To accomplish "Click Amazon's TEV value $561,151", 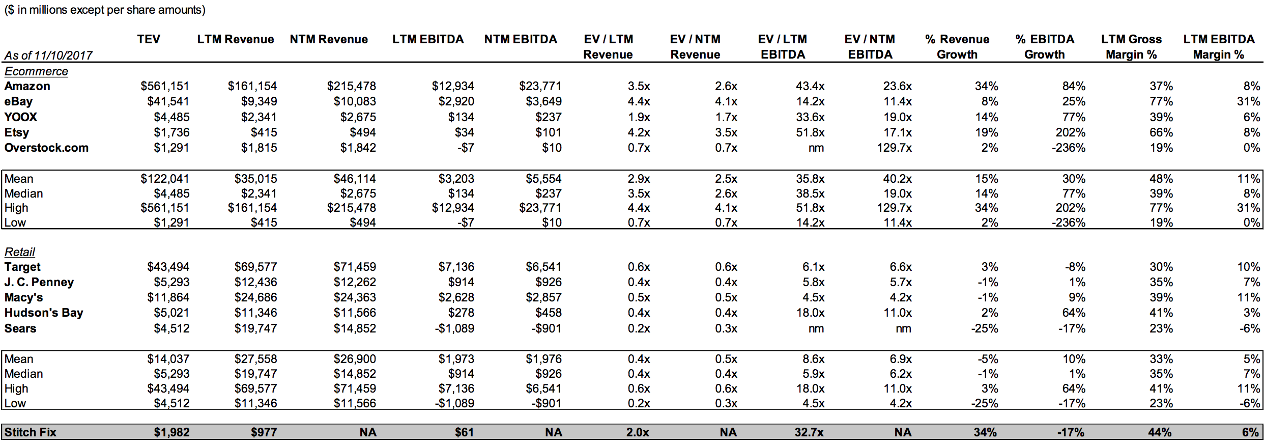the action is (x=165, y=86).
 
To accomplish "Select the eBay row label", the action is (x=18, y=101).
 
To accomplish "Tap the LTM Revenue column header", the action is (x=236, y=39).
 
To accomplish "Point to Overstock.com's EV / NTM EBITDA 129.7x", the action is (x=894, y=148).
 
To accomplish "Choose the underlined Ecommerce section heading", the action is (x=36, y=71).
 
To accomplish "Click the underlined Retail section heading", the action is (x=20, y=252).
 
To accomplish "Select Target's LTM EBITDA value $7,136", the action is (x=456, y=267).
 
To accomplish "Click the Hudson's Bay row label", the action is (x=44, y=313).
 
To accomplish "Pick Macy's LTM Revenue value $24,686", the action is (x=255, y=297).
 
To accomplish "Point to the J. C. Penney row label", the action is (x=39, y=282).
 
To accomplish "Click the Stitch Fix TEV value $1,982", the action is (x=171, y=432).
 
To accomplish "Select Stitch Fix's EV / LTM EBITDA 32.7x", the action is (x=809, y=432).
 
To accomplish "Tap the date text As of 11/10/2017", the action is (x=48, y=55).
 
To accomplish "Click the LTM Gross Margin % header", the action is (x=1131, y=47).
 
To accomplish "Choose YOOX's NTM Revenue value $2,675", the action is (x=358, y=117).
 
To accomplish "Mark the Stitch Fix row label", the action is (x=31, y=432).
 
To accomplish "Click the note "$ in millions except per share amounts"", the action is (x=105, y=10).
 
